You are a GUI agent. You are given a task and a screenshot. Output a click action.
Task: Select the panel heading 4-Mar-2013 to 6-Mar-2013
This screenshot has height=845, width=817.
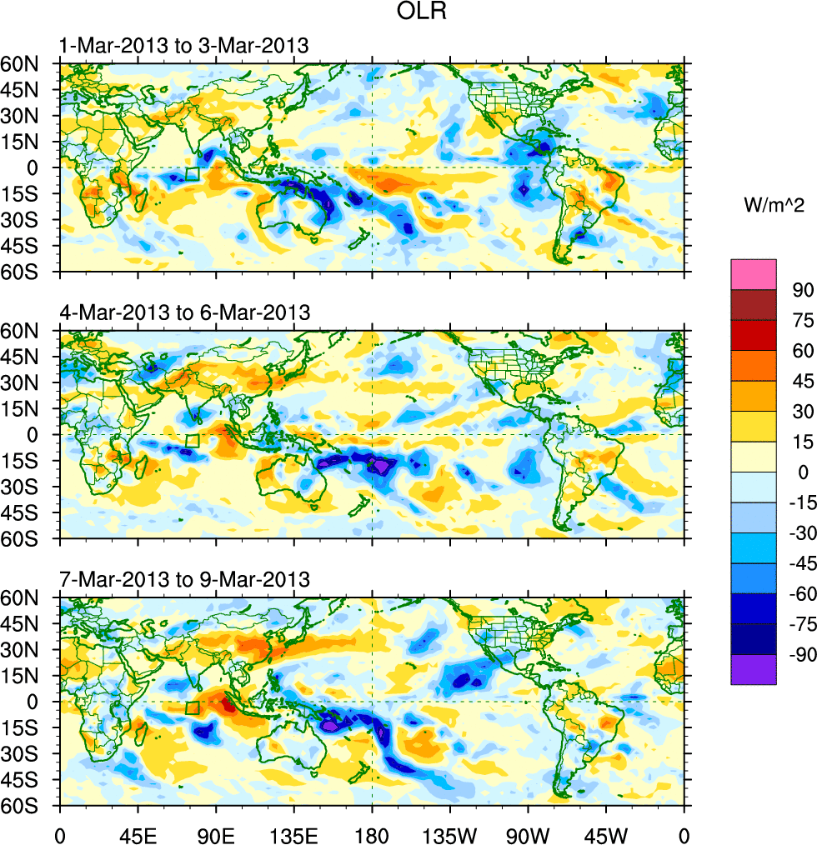tap(184, 312)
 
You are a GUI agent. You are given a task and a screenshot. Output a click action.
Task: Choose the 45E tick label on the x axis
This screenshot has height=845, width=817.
tap(138, 833)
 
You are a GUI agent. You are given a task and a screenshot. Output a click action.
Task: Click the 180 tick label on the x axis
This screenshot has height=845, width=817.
tap(372, 833)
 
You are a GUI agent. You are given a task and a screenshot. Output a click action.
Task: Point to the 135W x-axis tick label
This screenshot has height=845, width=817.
tap(450, 833)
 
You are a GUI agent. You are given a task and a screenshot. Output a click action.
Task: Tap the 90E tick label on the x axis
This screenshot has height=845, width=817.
tap(216, 833)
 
